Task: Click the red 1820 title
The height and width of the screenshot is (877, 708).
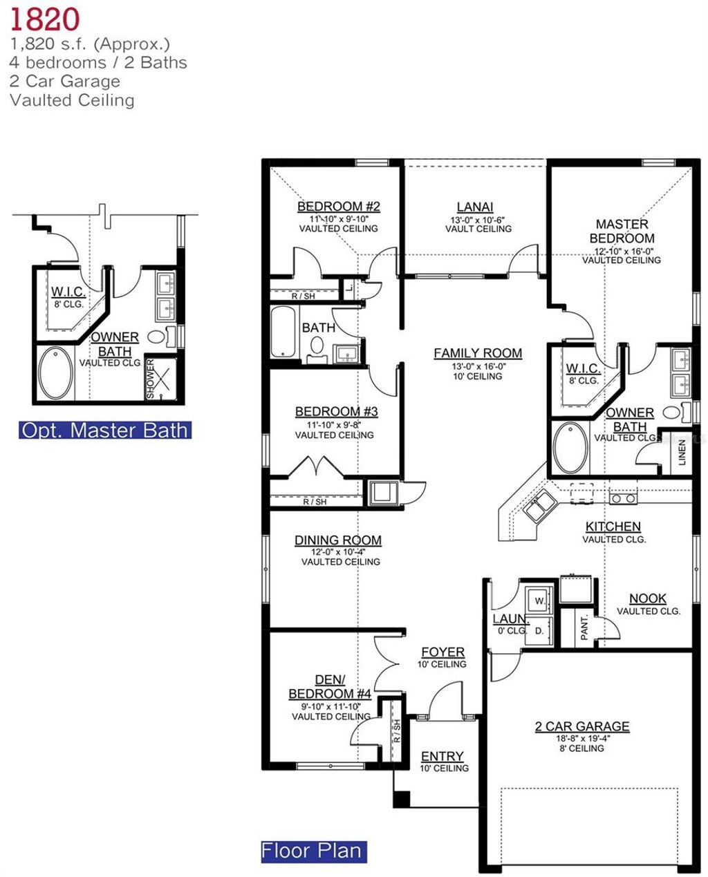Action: (x=44, y=19)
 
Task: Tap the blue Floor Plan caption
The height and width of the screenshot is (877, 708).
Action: (x=312, y=851)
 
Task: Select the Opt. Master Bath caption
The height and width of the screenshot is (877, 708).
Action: (x=104, y=430)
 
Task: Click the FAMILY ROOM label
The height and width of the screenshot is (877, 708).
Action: (x=478, y=353)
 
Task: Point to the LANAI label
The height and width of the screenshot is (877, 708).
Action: (x=475, y=207)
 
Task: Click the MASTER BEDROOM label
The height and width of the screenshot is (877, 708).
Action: (x=622, y=231)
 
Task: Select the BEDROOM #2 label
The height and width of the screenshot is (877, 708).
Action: (x=339, y=207)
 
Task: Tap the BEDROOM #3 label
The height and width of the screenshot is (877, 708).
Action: (x=336, y=411)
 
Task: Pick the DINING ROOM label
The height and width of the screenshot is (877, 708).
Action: (x=337, y=540)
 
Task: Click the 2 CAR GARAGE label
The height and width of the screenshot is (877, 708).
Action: (x=582, y=726)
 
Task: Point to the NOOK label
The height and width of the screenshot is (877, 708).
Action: (x=648, y=598)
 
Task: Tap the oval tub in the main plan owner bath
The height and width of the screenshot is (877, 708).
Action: (x=570, y=448)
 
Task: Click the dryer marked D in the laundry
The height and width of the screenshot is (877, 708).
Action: (x=539, y=630)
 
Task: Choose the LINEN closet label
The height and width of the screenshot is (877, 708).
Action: (x=682, y=452)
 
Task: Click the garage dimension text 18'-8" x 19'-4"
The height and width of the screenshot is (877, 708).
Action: (x=582, y=738)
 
